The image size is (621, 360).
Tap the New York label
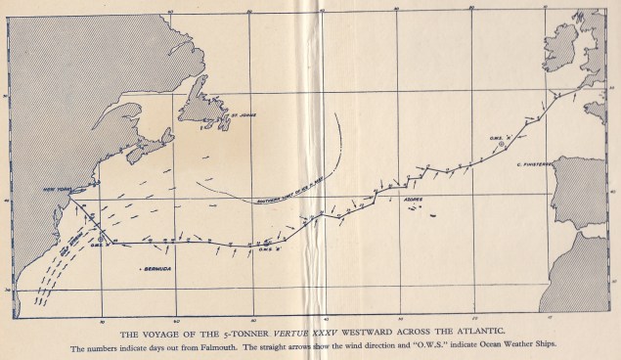[x=49, y=190]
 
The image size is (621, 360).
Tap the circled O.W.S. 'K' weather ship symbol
[x=501, y=143]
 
